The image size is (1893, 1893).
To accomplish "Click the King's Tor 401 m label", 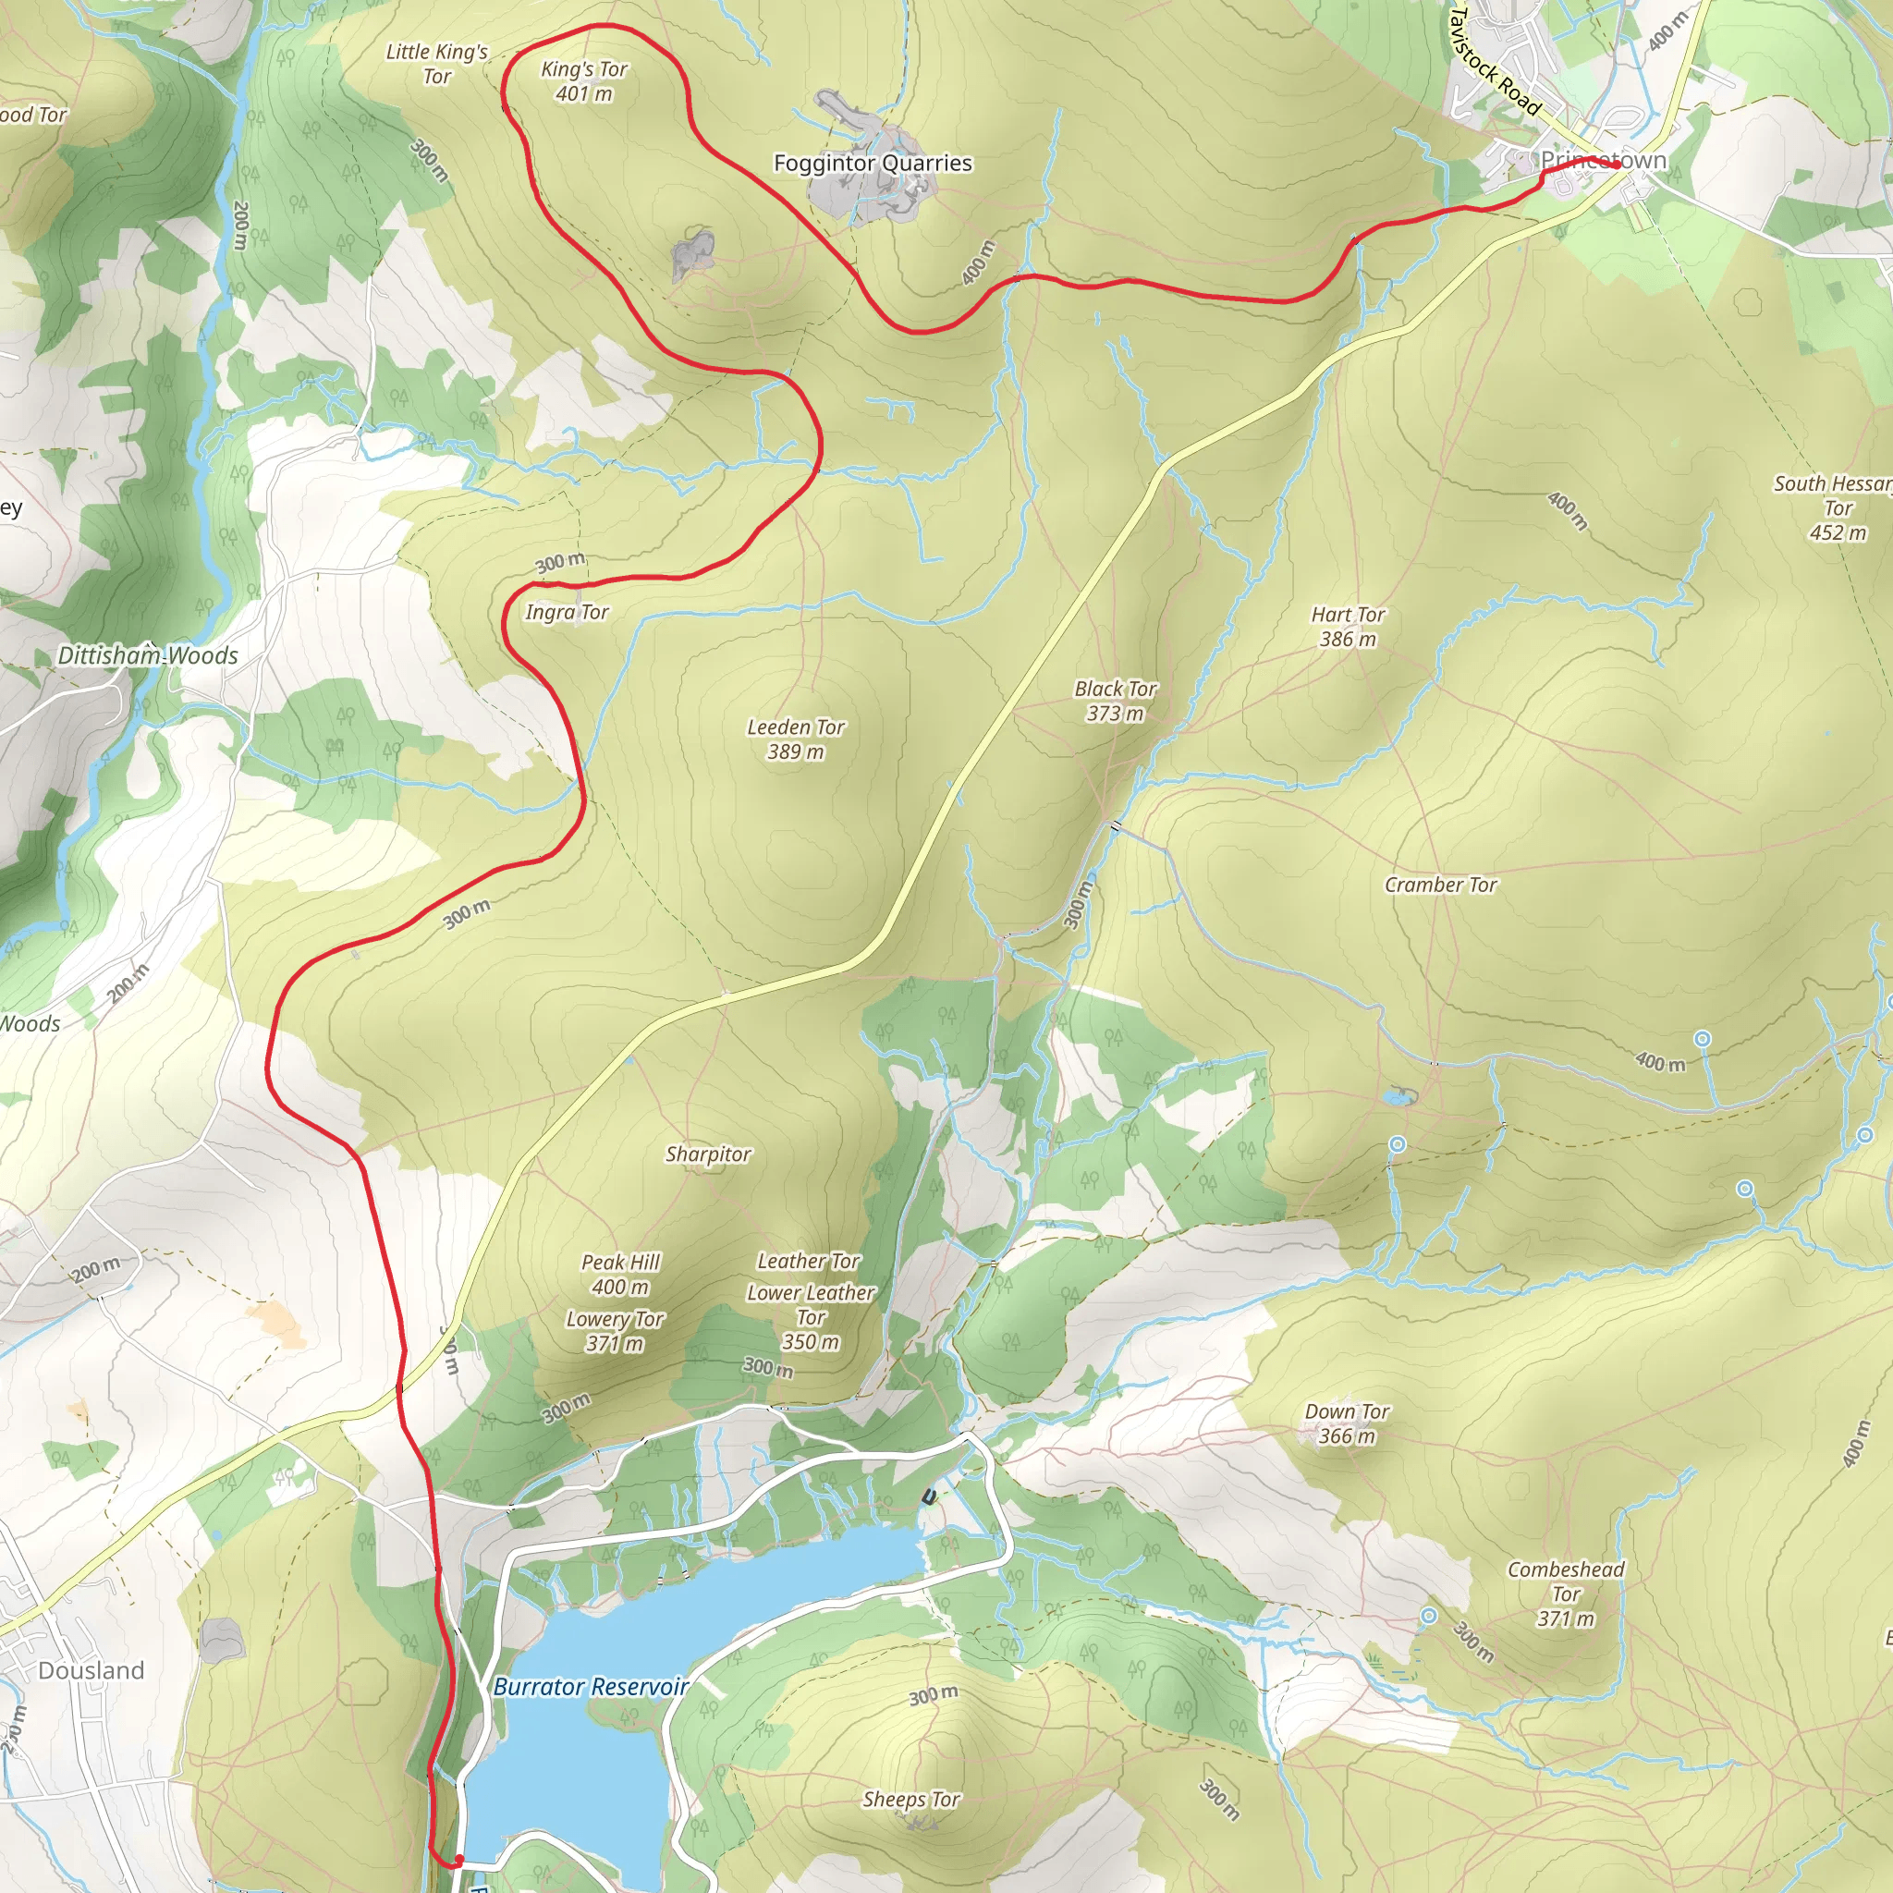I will click(x=584, y=81).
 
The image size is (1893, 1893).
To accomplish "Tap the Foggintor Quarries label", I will click(x=872, y=163).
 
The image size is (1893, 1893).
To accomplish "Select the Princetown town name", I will click(x=1603, y=160).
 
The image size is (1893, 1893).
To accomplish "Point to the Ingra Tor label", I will click(x=567, y=613).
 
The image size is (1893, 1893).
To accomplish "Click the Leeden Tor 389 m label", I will click(x=796, y=739).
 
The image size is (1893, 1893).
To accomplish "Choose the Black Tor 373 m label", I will click(x=1115, y=701).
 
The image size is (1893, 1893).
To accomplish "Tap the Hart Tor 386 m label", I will click(x=1348, y=626).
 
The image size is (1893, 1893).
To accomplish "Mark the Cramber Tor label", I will click(x=1440, y=885).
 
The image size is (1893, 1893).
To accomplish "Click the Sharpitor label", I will click(x=708, y=1154).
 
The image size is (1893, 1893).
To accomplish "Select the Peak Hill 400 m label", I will click(x=620, y=1274).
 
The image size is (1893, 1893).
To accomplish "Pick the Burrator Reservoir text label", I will click(x=590, y=1686).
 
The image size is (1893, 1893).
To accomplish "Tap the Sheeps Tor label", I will click(x=911, y=1799).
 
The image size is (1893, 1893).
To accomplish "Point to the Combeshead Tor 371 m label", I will click(x=1565, y=1594).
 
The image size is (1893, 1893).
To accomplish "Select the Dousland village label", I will click(x=92, y=1670).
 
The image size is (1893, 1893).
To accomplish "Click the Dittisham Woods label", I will click(x=148, y=655).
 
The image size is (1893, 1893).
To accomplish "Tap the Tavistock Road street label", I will click(x=1494, y=61).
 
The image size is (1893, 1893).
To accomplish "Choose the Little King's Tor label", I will click(x=437, y=64).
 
